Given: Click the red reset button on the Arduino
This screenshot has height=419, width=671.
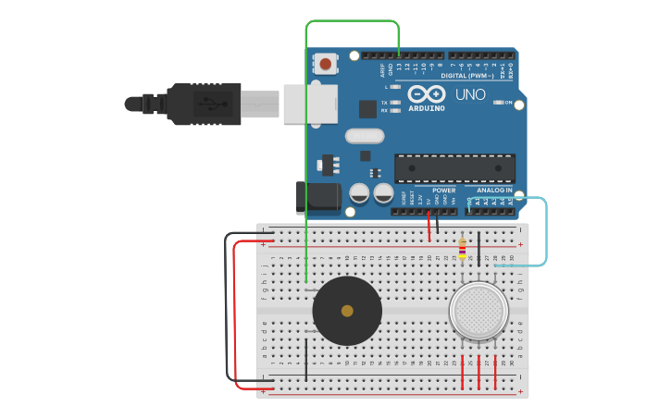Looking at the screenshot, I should [x=326, y=64].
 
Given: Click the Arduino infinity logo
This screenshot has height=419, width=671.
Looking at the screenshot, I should [x=427, y=93].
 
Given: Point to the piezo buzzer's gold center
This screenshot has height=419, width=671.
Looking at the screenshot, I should [x=347, y=311].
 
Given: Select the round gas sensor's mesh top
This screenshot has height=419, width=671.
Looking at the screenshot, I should [x=478, y=309].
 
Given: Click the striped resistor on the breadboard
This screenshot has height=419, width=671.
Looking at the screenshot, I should [x=463, y=248].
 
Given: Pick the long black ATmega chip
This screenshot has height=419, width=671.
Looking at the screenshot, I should [x=454, y=168].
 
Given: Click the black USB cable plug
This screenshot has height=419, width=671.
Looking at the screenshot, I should [x=204, y=103].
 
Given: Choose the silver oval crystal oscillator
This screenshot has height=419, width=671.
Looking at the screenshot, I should [x=365, y=137].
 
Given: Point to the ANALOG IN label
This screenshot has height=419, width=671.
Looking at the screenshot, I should [x=494, y=191].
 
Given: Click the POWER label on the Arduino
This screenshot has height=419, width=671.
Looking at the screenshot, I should [x=443, y=191].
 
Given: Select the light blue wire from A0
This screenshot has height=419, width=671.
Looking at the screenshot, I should [x=546, y=231].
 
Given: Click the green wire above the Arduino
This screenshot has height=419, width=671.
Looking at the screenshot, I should [x=352, y=21].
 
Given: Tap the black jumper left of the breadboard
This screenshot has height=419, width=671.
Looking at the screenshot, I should [x=226, y=305].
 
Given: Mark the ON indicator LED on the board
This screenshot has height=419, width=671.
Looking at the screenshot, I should [x=497, y=103].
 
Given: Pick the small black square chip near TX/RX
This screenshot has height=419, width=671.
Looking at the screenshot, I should [x=367, y=108].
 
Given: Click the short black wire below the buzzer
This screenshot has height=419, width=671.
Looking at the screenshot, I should [x=306, y=359].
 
